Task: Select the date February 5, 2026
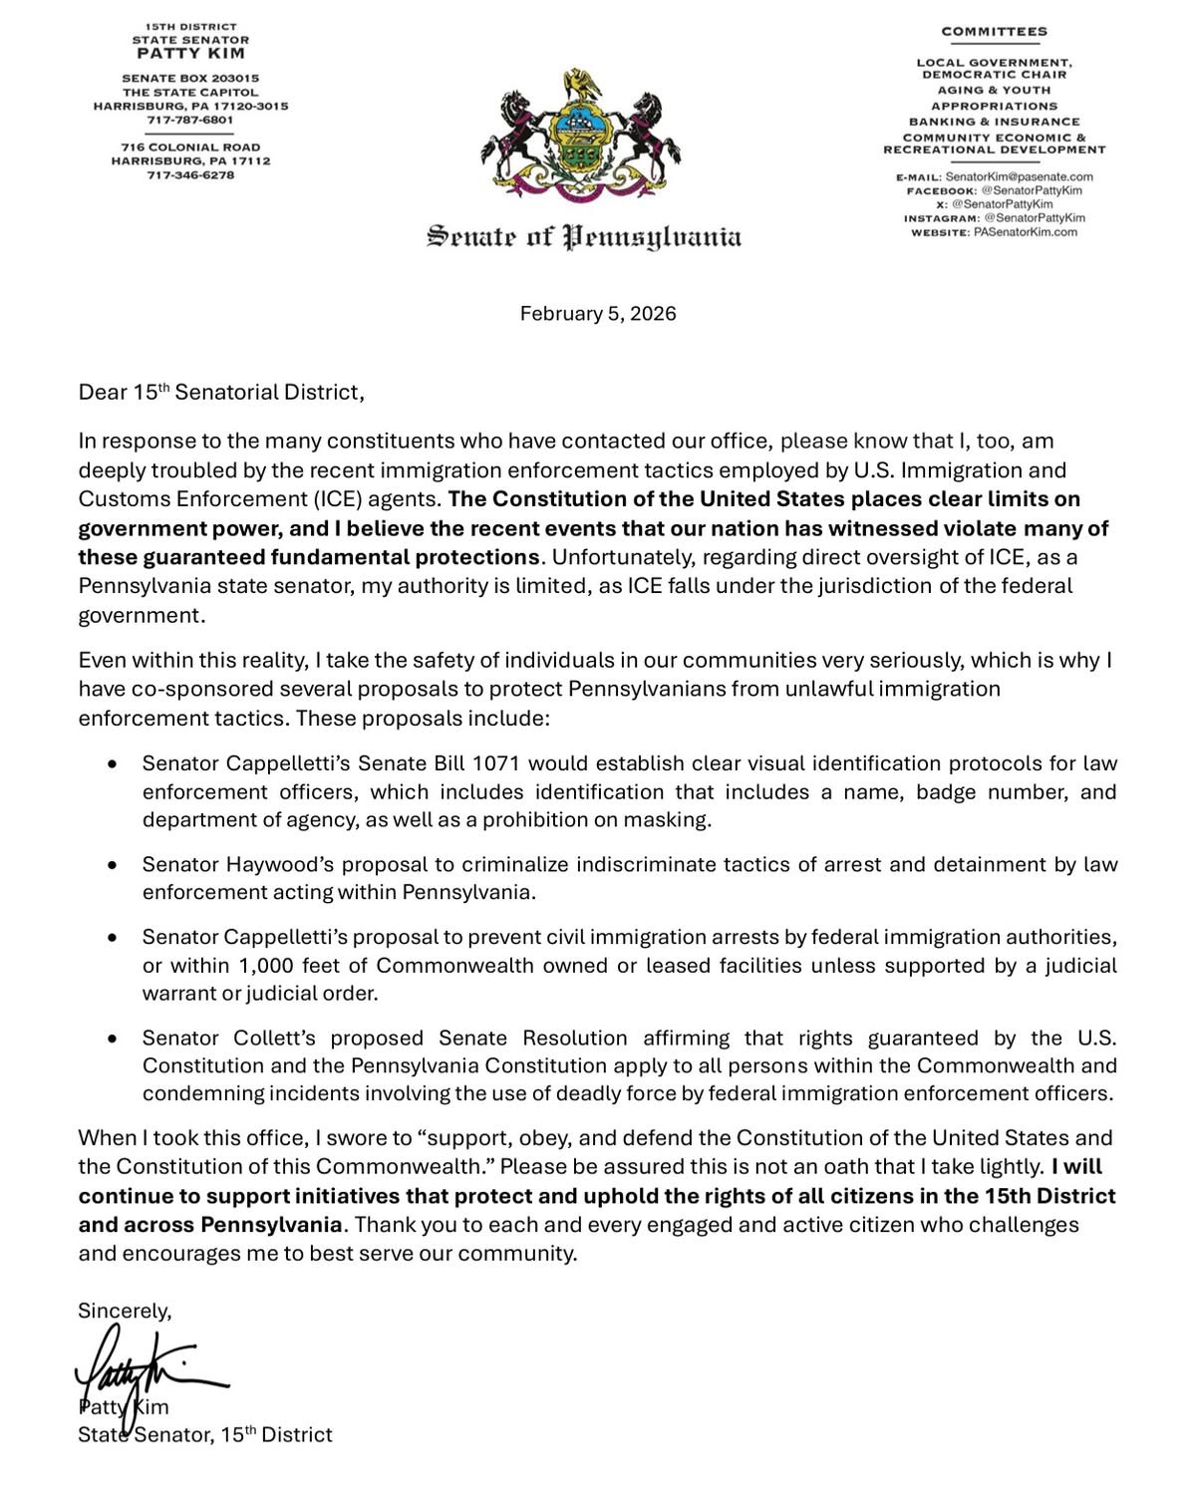tap(598, 314)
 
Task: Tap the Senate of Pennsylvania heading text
tap(585, 237)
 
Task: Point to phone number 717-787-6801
tap(190, 120)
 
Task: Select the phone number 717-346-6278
tap(190, 174)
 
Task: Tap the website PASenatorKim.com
tap(1025, 232)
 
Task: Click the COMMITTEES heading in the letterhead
tap(994, 31)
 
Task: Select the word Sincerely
tap(125, 1312)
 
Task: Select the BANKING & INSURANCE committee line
tap(994, 122)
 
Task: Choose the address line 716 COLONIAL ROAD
tap(190, 147)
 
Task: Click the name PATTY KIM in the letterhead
tap(190, 53)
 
